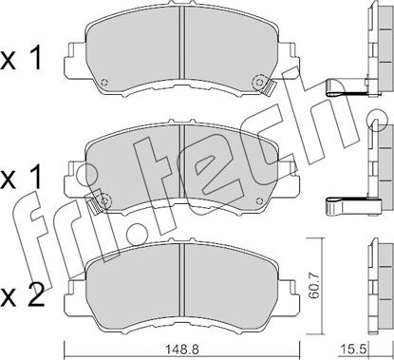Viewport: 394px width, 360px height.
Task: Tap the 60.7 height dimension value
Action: [314, 287]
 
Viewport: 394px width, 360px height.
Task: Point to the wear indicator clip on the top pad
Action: [268, 87]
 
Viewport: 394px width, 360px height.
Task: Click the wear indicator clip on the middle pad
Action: [95, 207]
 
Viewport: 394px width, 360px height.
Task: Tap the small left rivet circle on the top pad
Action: [104, 83]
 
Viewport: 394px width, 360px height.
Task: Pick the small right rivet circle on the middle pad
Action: [259, 200]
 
